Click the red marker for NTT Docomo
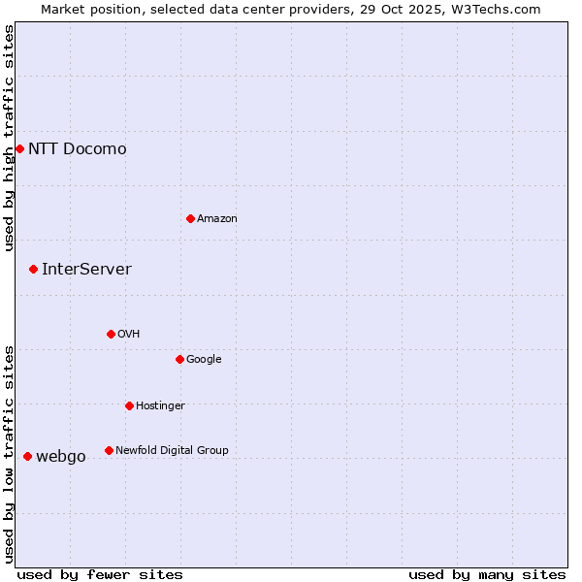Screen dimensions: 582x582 (x=19, y=148)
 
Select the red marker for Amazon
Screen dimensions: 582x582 (x=190, y=218)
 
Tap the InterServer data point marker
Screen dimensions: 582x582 (x=33, y=269)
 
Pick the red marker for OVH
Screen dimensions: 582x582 (x=111, y=334)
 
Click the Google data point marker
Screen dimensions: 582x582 (x=179, y=359)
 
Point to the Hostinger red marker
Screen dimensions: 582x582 (x=129, y=405)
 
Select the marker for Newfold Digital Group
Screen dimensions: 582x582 (x=109, y=450)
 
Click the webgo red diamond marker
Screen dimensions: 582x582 (x=27, y=456)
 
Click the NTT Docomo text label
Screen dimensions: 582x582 (x=77, y=148)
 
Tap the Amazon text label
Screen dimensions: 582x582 (x=216, y=218)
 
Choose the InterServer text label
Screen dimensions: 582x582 (x=86, y=269)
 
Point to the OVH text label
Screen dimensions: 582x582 (x=128, y=334)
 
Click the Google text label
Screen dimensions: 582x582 (x=204, y=359)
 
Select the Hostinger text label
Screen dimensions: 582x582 (x=160, y=405)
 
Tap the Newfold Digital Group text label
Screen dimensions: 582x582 (x=172, y=450)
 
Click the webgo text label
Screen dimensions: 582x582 (x=60, y=456)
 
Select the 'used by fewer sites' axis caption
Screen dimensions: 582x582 (x=100, y=574)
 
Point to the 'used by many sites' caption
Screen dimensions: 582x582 (x=486, y=574)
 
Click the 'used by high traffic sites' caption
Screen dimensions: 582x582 (x=9, y=138)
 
